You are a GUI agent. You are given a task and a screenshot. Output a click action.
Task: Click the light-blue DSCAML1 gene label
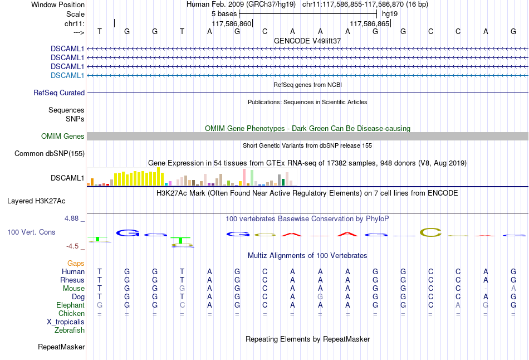[67, 75]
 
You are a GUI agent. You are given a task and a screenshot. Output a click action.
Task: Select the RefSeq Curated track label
[59, 93]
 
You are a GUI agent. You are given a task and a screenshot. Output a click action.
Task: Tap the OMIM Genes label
[63, 137]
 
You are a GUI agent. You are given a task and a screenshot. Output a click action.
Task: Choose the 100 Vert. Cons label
[31, 232]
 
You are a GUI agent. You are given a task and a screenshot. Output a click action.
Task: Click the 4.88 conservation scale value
[72, 218]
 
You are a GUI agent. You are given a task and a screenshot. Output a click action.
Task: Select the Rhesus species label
[73, 280]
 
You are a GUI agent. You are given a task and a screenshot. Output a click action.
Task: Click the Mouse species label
[74, 288]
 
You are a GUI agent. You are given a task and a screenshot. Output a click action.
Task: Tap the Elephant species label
[71, 305]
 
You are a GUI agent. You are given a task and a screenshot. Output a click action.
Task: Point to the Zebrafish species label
[70, 330]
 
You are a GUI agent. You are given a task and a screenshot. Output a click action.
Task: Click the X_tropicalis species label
[66, 322]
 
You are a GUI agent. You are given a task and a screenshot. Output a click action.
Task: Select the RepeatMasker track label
[61, 347]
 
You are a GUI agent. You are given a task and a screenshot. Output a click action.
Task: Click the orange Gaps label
[76, 263]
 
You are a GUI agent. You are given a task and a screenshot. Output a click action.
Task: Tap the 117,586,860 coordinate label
[232, 24]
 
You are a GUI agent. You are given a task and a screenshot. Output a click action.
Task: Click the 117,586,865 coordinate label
[369, 24]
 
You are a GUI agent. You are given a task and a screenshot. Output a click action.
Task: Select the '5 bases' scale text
[224, 13]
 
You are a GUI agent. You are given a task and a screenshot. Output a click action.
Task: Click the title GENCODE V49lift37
[307, 41]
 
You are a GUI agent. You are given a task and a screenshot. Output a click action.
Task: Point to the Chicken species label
[72, 313]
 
